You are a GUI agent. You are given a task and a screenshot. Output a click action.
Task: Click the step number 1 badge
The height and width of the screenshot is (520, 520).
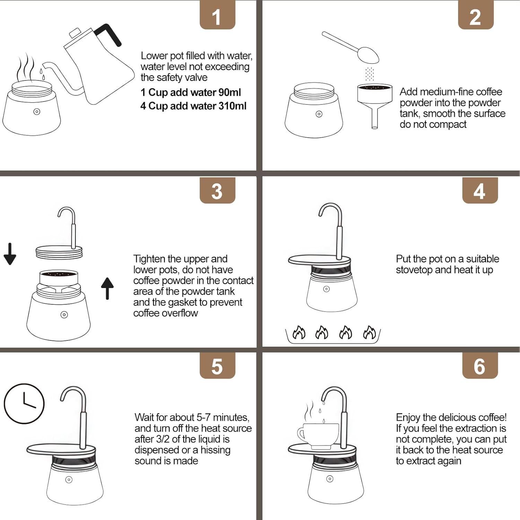(217, 15)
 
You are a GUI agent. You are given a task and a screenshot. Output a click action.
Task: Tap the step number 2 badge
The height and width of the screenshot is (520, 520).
(476, 15)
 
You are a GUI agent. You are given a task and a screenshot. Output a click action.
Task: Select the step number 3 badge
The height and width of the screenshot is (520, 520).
(217, 190)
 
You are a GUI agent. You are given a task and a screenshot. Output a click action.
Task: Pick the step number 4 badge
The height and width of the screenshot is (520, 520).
(480, 190)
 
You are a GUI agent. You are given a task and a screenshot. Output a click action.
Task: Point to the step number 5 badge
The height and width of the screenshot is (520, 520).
(217, 366)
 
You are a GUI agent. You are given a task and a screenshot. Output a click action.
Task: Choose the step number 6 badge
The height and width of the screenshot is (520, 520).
(480, 366)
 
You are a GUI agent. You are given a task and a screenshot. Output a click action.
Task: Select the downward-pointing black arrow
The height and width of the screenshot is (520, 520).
(10, 254)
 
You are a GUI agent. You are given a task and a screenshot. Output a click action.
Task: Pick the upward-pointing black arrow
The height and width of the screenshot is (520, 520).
(107, 288)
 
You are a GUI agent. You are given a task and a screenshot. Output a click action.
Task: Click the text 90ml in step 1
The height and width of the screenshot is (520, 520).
(229, 93)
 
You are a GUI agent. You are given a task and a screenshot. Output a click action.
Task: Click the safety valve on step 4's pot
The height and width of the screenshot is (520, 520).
(326, 289)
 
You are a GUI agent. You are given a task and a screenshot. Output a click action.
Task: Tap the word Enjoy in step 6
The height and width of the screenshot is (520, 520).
(408, 418)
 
